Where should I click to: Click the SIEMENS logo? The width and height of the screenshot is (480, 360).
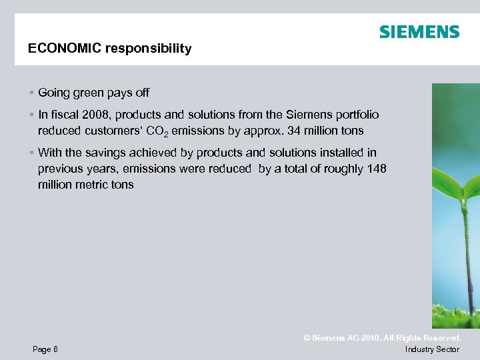point(419,32)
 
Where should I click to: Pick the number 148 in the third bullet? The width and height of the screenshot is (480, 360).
point(377,169)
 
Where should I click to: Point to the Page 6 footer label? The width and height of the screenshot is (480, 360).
point(45,349)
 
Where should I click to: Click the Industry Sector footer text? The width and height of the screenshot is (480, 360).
point(432,349)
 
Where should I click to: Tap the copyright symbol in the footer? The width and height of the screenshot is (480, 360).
point(307,338)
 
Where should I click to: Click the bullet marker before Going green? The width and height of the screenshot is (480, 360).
point(31,93)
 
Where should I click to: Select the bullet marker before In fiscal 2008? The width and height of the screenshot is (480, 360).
point(31,115)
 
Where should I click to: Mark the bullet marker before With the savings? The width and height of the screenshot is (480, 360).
point(31,153)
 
